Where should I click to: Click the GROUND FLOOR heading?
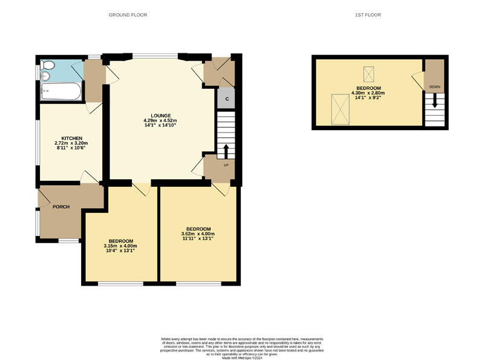tap(128, 15)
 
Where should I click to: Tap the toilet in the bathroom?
tap(48, 65)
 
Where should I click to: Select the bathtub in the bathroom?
tap(62, 92)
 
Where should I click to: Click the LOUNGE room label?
tap(160, 116)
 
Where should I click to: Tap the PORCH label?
tap(61, 207)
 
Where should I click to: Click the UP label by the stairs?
tap(226, 165)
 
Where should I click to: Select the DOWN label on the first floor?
tap(434, 87)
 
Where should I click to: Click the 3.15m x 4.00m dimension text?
tap(120, 246)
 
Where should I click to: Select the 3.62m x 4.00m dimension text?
tap(198, 234)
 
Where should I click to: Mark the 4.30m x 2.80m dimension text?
tap(368, 93)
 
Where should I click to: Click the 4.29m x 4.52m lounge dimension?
tap(160, 121)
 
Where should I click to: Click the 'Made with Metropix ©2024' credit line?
tap(242, 358)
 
